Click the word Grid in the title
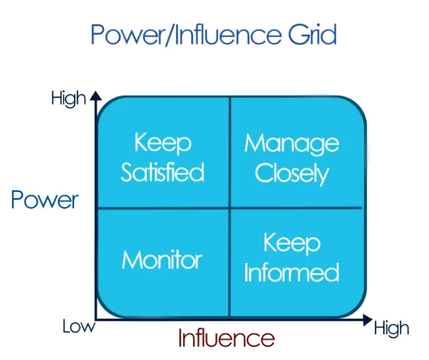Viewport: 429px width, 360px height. point(312,34)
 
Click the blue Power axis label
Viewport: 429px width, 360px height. point(45,200)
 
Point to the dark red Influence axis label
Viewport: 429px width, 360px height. point(226,338)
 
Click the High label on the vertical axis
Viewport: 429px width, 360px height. point(68,99)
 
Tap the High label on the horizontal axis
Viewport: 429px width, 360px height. point(391,329)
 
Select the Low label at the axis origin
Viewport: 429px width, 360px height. point(79,326)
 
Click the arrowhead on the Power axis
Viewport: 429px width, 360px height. point(96,96)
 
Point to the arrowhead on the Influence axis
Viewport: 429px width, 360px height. point(368,320)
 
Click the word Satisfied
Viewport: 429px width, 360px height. point(163,172)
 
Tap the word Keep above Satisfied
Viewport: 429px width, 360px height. point(163,143)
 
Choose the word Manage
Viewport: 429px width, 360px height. point(292,143)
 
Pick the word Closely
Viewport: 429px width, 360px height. point(292,173)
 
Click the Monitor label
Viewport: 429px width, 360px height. point(162,259)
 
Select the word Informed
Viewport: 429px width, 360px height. point(292,272)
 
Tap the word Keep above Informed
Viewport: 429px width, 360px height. point(292,243)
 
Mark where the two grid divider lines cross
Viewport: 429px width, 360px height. point(230,208)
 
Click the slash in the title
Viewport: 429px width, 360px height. point(168,35)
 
